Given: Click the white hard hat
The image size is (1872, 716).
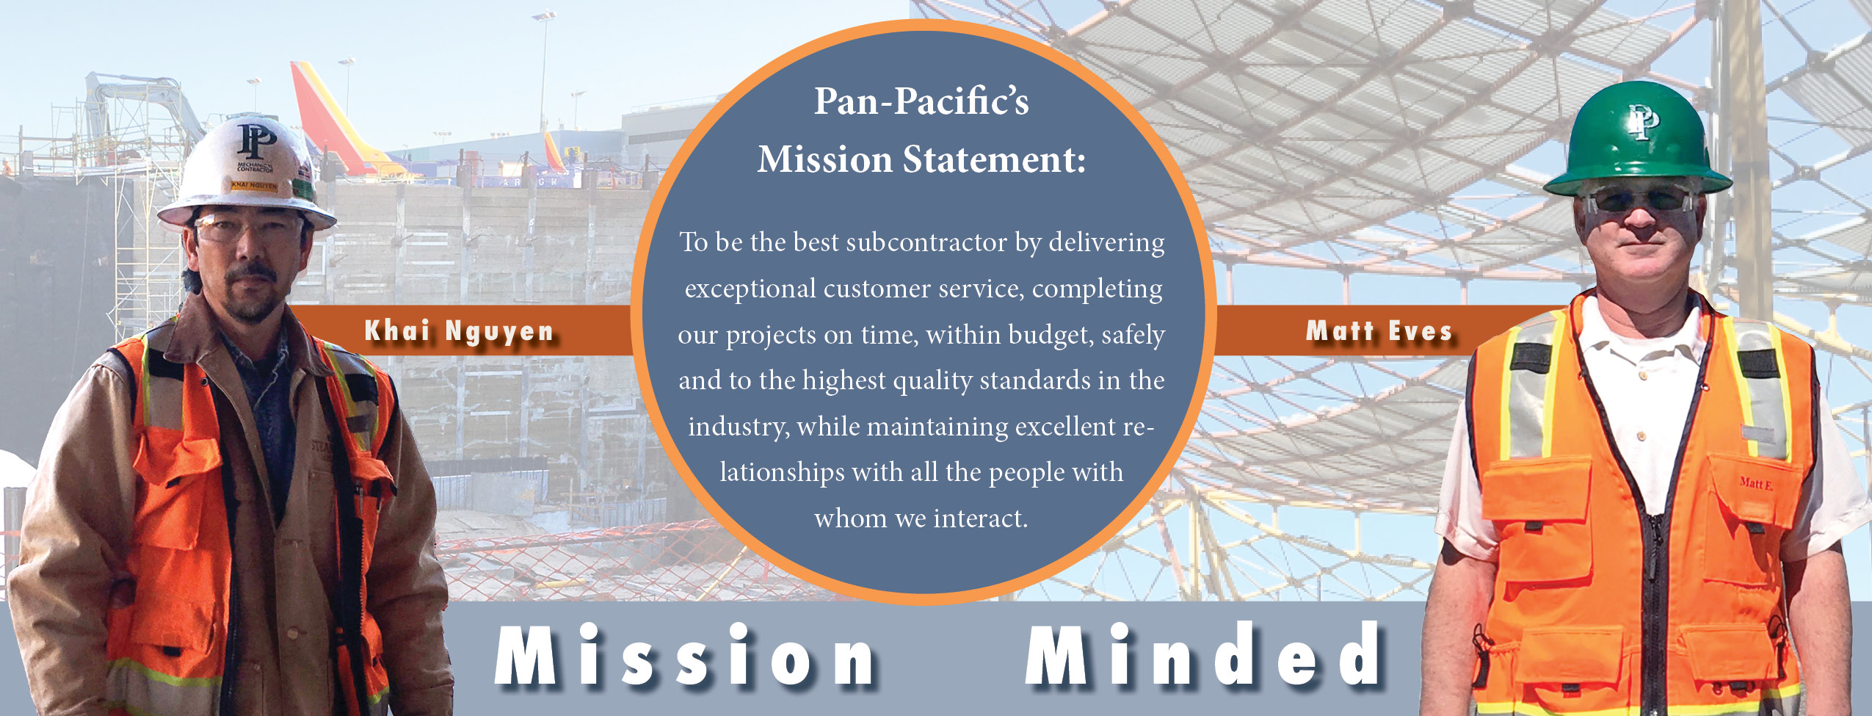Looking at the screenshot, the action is (x=246, y=173).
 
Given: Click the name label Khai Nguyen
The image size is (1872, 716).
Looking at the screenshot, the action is (x=459, y=331).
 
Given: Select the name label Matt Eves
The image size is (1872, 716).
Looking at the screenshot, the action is (x=1379, y=330).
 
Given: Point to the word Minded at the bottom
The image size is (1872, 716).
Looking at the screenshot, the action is (x=1202, y=653).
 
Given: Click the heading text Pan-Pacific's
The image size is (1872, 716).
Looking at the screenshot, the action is (x=921, y=101).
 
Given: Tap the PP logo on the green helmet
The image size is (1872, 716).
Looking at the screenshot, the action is (x=1643, y=122).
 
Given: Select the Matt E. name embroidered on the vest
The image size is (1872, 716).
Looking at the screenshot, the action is (x=1756, y=483).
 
